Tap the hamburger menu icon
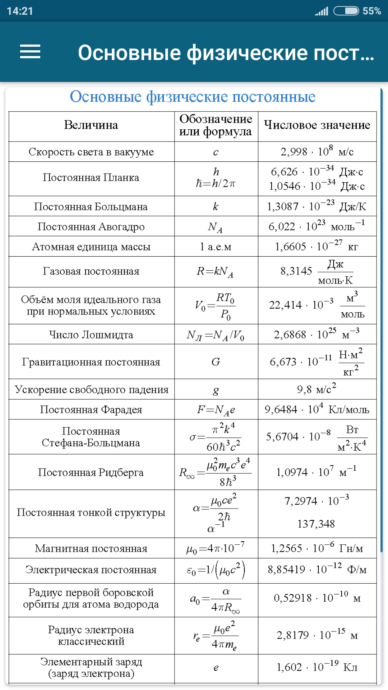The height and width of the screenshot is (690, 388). coord(30,52)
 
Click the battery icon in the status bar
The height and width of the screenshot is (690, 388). coord(346,11)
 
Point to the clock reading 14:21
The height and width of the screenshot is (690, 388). coord(20,11)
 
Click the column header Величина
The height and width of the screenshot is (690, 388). coord(91,125)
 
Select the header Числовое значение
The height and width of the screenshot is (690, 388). coord(317,125)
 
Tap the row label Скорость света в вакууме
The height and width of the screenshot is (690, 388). coord(91,152)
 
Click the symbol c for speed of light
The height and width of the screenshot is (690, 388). coord(216,152)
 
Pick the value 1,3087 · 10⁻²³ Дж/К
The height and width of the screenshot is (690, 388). coord(317,206)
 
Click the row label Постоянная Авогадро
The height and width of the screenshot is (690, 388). coord(91,227)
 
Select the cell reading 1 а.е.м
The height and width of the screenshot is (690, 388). coord(216,247)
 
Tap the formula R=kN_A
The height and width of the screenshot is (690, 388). coord(215,272)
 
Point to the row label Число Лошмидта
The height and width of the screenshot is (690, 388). coord(91,335)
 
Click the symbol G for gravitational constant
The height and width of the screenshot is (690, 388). coord(216,362)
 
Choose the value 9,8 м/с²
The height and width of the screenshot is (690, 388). coord(317,389)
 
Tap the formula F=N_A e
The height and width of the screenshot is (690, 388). coord(216,410)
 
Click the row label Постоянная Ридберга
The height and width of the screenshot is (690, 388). coord(91,472)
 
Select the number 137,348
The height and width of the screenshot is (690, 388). coord(316,524)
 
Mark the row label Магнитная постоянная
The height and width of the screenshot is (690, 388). coord(91,548)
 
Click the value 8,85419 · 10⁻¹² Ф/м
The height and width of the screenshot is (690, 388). coord(317,570)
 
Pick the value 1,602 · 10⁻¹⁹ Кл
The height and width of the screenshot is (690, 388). coord(317,667)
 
